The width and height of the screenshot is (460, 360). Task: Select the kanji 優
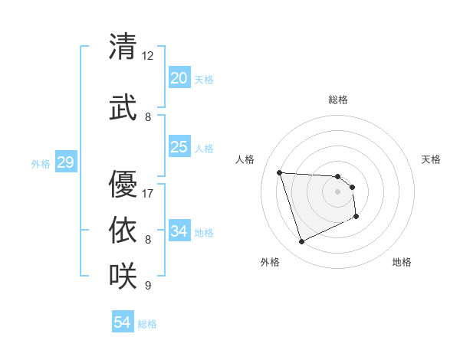(x=123, y=184)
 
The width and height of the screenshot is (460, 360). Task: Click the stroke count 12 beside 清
(x=148, y=56)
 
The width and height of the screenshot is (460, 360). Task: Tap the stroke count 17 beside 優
(x=148, y=193)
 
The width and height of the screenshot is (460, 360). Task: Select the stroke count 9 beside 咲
(x=148, y=286)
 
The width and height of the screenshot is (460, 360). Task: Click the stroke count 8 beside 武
(x=148, y=117)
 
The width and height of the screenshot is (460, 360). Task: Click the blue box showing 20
(x=179, y=77)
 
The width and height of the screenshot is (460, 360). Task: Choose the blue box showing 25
(x=179, y=147)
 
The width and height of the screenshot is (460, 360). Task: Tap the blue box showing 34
(x=179, y=231)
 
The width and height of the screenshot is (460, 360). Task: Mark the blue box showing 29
(x=65, y=162)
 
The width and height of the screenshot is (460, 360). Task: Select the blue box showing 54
(x=123, y=322)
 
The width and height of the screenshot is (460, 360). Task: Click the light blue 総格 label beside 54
(x=147, y=324)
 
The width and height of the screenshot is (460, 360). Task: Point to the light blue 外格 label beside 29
(x=41, y=163)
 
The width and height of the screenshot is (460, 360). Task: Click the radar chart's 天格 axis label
(x=431, y=159)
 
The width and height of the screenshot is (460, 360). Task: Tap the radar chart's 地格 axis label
(x=402, y=262)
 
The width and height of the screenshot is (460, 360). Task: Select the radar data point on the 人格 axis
(x=279, y=172)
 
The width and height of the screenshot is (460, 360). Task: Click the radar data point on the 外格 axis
(x=301, y=242)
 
